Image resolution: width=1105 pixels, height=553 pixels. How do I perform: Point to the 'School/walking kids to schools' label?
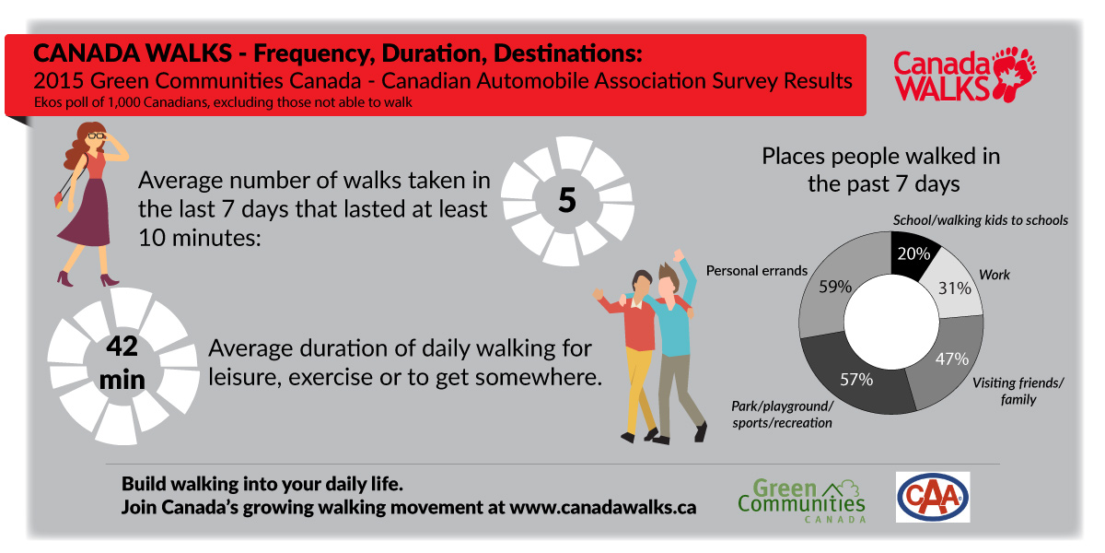(980, 220)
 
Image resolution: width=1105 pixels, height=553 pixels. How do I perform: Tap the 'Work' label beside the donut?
(994, 275)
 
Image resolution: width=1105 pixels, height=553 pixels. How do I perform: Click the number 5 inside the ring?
(567, 201)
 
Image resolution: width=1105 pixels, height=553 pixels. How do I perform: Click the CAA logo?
(932, 497)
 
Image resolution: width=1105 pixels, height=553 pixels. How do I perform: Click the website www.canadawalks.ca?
(602, 507)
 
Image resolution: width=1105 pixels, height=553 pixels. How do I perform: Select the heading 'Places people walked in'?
(880, 156)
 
